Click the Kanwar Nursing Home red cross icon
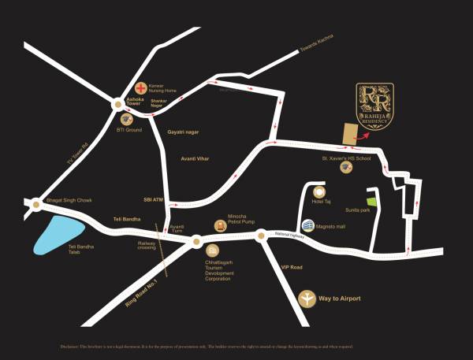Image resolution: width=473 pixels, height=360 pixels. [x=140, y=87]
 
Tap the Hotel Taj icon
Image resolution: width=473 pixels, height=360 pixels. [x=319, y=191]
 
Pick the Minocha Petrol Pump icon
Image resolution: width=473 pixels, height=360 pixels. [x=220, y=225]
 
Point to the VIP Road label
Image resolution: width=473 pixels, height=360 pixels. [x=292, y=268]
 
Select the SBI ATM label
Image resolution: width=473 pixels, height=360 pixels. [x=152, y=199]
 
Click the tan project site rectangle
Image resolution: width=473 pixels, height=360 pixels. [x=348, y=135]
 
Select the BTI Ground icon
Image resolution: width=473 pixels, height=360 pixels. [x=125, y=119]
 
